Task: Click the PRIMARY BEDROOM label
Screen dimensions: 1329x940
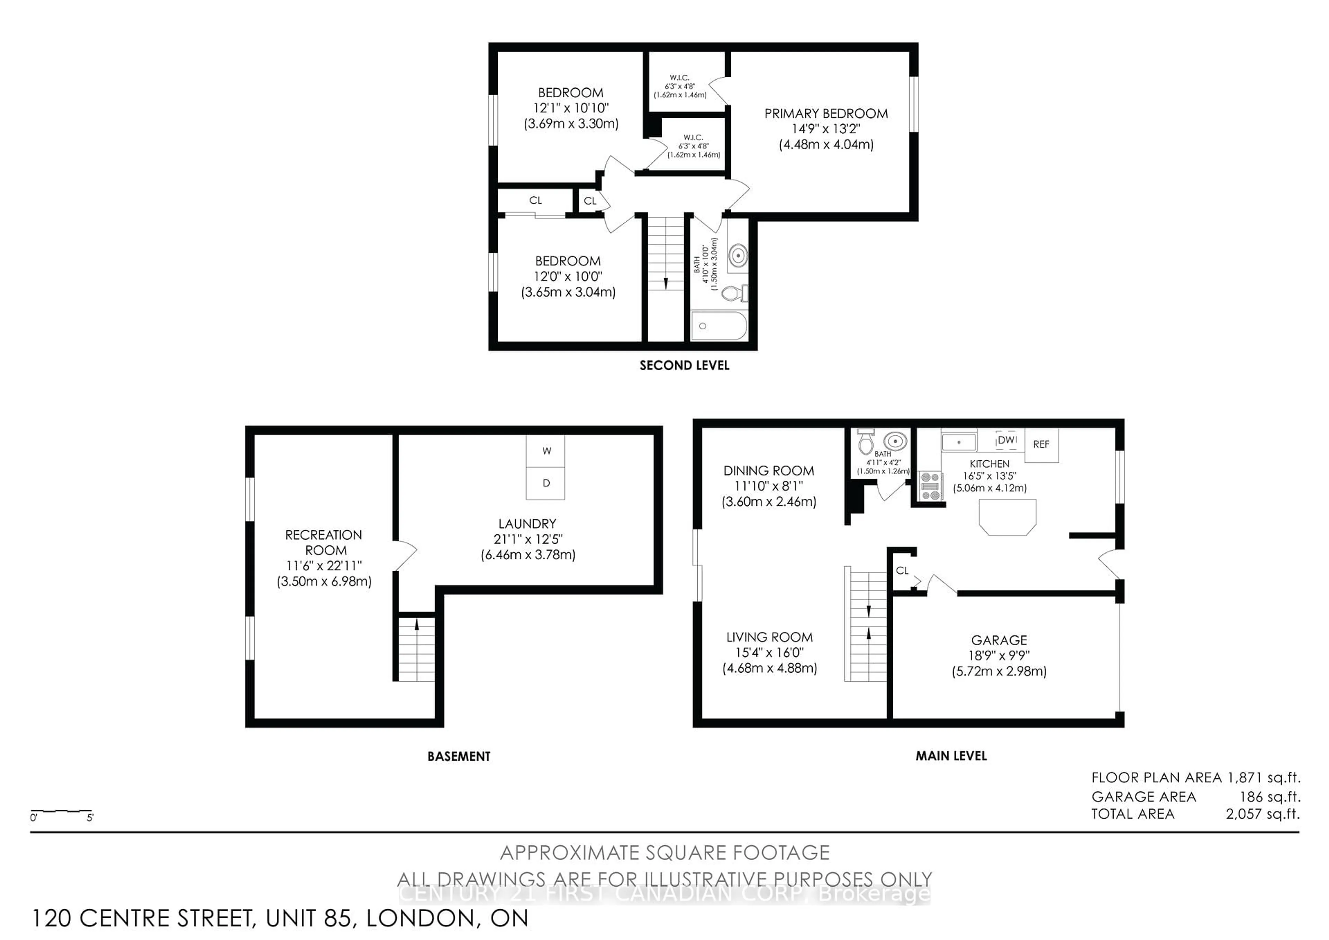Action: point(826,114)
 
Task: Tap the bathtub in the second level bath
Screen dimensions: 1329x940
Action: point(719,326)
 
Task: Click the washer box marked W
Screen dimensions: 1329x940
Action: point(545,451)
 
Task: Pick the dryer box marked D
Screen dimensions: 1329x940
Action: point(545,483)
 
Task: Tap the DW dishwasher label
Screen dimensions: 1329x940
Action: point(1007,440)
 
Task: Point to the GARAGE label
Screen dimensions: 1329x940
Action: point(999,640)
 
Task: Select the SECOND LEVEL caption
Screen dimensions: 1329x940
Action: point(684,365)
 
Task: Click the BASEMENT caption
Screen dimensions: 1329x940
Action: point(459,756)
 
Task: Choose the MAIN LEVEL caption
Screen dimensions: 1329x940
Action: point(951,756)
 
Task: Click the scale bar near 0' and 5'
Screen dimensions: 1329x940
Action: point(61,811)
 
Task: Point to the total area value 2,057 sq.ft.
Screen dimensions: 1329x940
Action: point(1263,814)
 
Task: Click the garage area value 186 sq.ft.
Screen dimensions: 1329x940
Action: point(1270,797)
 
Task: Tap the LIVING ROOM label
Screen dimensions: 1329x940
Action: point(769,637)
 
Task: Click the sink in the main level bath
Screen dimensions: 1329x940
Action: point(895,441)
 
